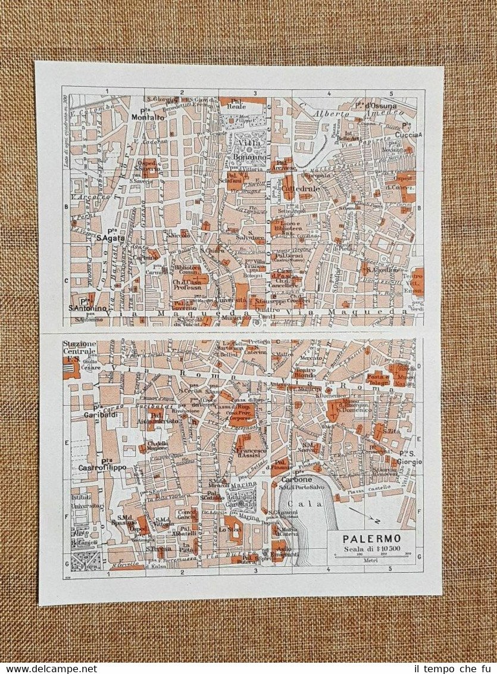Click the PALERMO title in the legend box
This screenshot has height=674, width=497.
coord(371,539)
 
